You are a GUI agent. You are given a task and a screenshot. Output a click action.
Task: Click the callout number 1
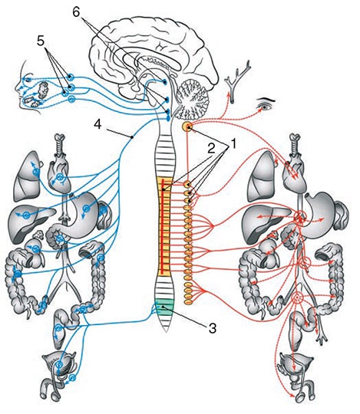click(233, 143)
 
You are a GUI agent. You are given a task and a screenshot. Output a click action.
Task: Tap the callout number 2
click(210, 149)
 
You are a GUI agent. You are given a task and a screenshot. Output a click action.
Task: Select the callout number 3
click(213, 328)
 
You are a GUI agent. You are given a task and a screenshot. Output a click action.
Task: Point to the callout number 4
click(97, 124)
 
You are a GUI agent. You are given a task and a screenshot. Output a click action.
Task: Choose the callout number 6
click(76, 11)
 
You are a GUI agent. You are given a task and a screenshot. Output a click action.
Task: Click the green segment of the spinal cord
click(164, 305)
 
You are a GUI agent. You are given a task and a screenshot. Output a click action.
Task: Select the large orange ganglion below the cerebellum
click(188, 127)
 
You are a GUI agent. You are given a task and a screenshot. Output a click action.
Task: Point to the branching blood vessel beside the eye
click(238, 80)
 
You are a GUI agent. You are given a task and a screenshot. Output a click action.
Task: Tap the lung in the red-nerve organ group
click(259, 174)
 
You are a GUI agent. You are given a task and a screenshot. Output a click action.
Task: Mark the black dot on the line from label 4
click(133, 136)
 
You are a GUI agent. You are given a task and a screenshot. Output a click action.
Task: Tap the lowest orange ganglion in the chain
click(188, 301)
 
